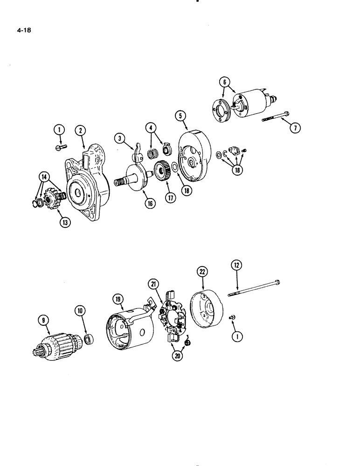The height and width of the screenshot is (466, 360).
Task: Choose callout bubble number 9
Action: [x=43, y=320]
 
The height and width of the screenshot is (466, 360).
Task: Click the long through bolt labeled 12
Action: [x=254, y=288]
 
